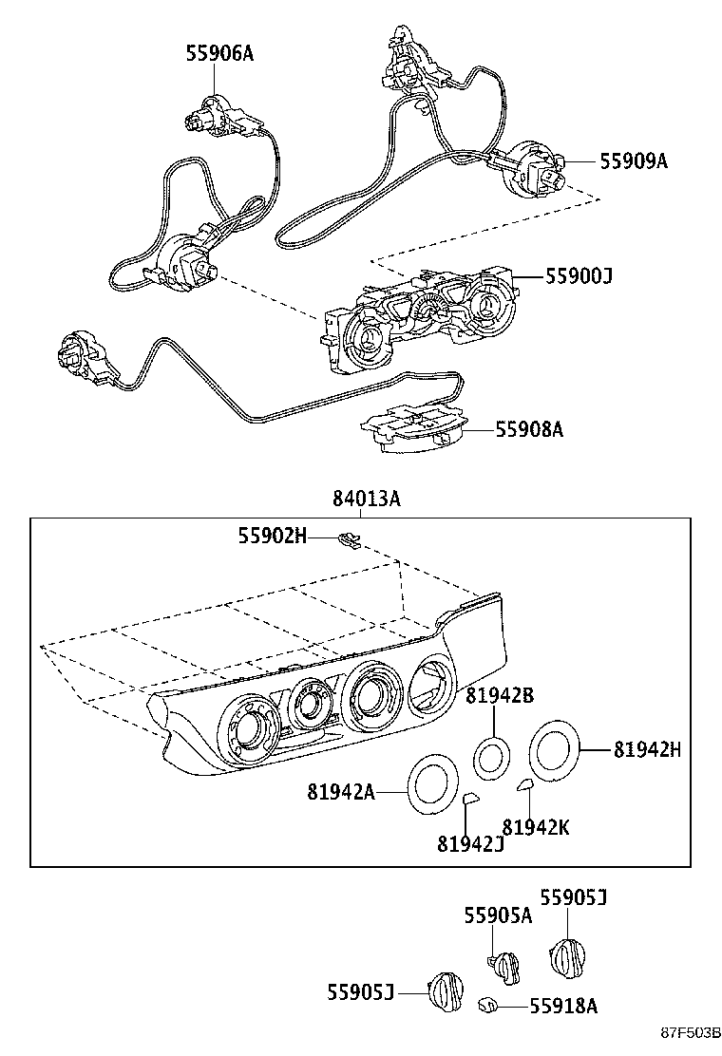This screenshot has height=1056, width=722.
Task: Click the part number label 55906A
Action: [x=219, y=54]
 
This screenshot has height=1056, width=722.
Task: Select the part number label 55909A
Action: [x=633, y=161]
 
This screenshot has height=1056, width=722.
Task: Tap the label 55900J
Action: [x=579, y=276]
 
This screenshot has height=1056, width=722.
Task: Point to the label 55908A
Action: [x=529, y=429]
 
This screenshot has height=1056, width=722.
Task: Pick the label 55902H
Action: [x=272, y=537]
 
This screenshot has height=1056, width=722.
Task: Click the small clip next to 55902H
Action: [x=350, y=540]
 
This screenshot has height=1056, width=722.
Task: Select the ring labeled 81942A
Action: [x=435, y=784]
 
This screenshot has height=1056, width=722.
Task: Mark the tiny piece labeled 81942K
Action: [x=523, y=784]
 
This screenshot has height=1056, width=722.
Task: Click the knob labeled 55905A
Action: [x=504, y=967]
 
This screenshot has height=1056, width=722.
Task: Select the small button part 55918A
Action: [x=486, y=1003]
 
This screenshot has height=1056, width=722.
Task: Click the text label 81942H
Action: [x=647, y=749]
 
